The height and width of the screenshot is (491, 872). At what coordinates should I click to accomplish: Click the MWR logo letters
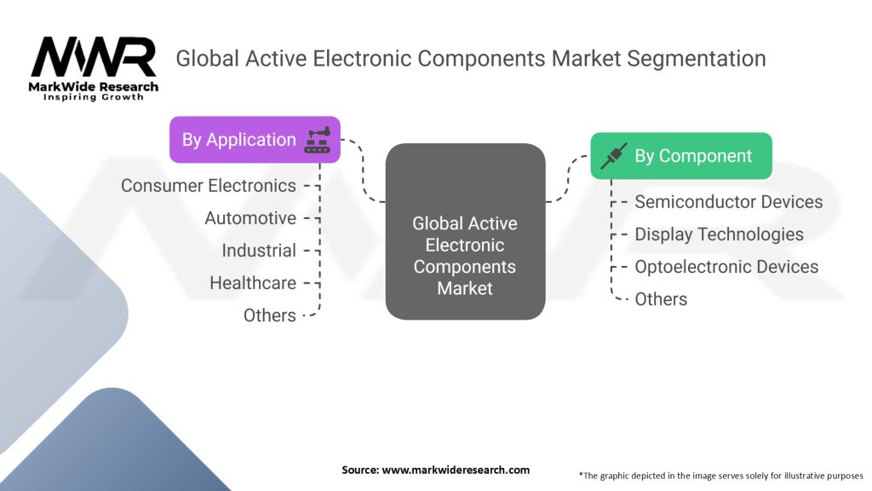point(94,57)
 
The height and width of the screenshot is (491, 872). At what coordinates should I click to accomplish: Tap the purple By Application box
point(255,140)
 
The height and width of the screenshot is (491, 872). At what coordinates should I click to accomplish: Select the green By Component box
point(681,156)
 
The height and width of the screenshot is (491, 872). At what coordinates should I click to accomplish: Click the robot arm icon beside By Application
point(318,140)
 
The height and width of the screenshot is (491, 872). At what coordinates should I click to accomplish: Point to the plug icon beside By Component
point(614,156)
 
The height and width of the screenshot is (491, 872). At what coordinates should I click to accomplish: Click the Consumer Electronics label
point(209,185)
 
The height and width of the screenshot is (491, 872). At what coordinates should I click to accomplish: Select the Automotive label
point(250,217)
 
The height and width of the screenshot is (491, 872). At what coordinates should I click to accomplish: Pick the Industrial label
point(259,251)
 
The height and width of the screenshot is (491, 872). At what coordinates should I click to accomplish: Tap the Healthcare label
point(252,283)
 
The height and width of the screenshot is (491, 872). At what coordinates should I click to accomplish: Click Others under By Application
point(270,315)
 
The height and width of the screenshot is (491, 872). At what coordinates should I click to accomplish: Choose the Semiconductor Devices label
point(729,201)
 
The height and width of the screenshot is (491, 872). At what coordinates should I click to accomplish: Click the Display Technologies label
point(719,234)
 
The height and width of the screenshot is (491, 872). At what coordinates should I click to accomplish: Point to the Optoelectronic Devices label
point(726,267)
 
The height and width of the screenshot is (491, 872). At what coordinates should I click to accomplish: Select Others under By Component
point(661,299)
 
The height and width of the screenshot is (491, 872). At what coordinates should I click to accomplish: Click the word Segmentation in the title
point(697,59)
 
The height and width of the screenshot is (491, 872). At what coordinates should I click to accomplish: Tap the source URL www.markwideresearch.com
point(456,470)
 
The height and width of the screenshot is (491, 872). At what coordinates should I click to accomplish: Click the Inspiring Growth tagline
point(94,97)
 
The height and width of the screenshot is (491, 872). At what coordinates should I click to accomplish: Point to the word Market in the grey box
point(465,288)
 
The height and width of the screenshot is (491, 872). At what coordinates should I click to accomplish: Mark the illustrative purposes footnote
point(720,476)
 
